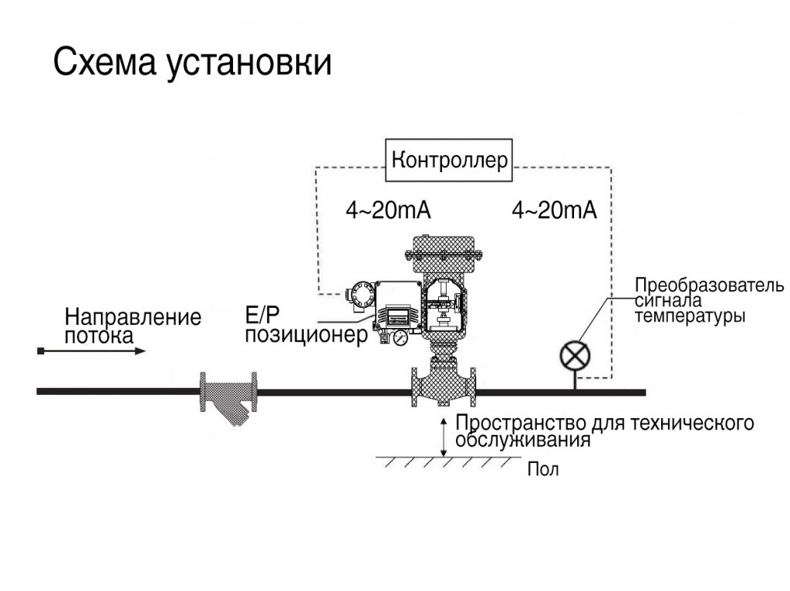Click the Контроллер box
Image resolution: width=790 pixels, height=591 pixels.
[450, 160]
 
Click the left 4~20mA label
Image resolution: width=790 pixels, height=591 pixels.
[387, 211]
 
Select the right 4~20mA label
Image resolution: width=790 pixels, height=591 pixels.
[554, 211]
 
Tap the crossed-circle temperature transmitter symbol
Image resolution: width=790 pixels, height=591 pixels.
[574, 355]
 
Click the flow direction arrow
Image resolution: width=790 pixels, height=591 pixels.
[92, 352]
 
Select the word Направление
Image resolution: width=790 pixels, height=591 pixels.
[133, 317]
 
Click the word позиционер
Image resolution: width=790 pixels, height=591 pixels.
[306, 336]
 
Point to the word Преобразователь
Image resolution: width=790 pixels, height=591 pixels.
[709, 285]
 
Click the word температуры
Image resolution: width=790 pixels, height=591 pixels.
[690, 316]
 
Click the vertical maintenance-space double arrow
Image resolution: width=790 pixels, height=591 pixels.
[444, 436]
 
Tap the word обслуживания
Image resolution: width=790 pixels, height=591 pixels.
[523, 441]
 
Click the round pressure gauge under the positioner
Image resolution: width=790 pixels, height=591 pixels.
[399, 338]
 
